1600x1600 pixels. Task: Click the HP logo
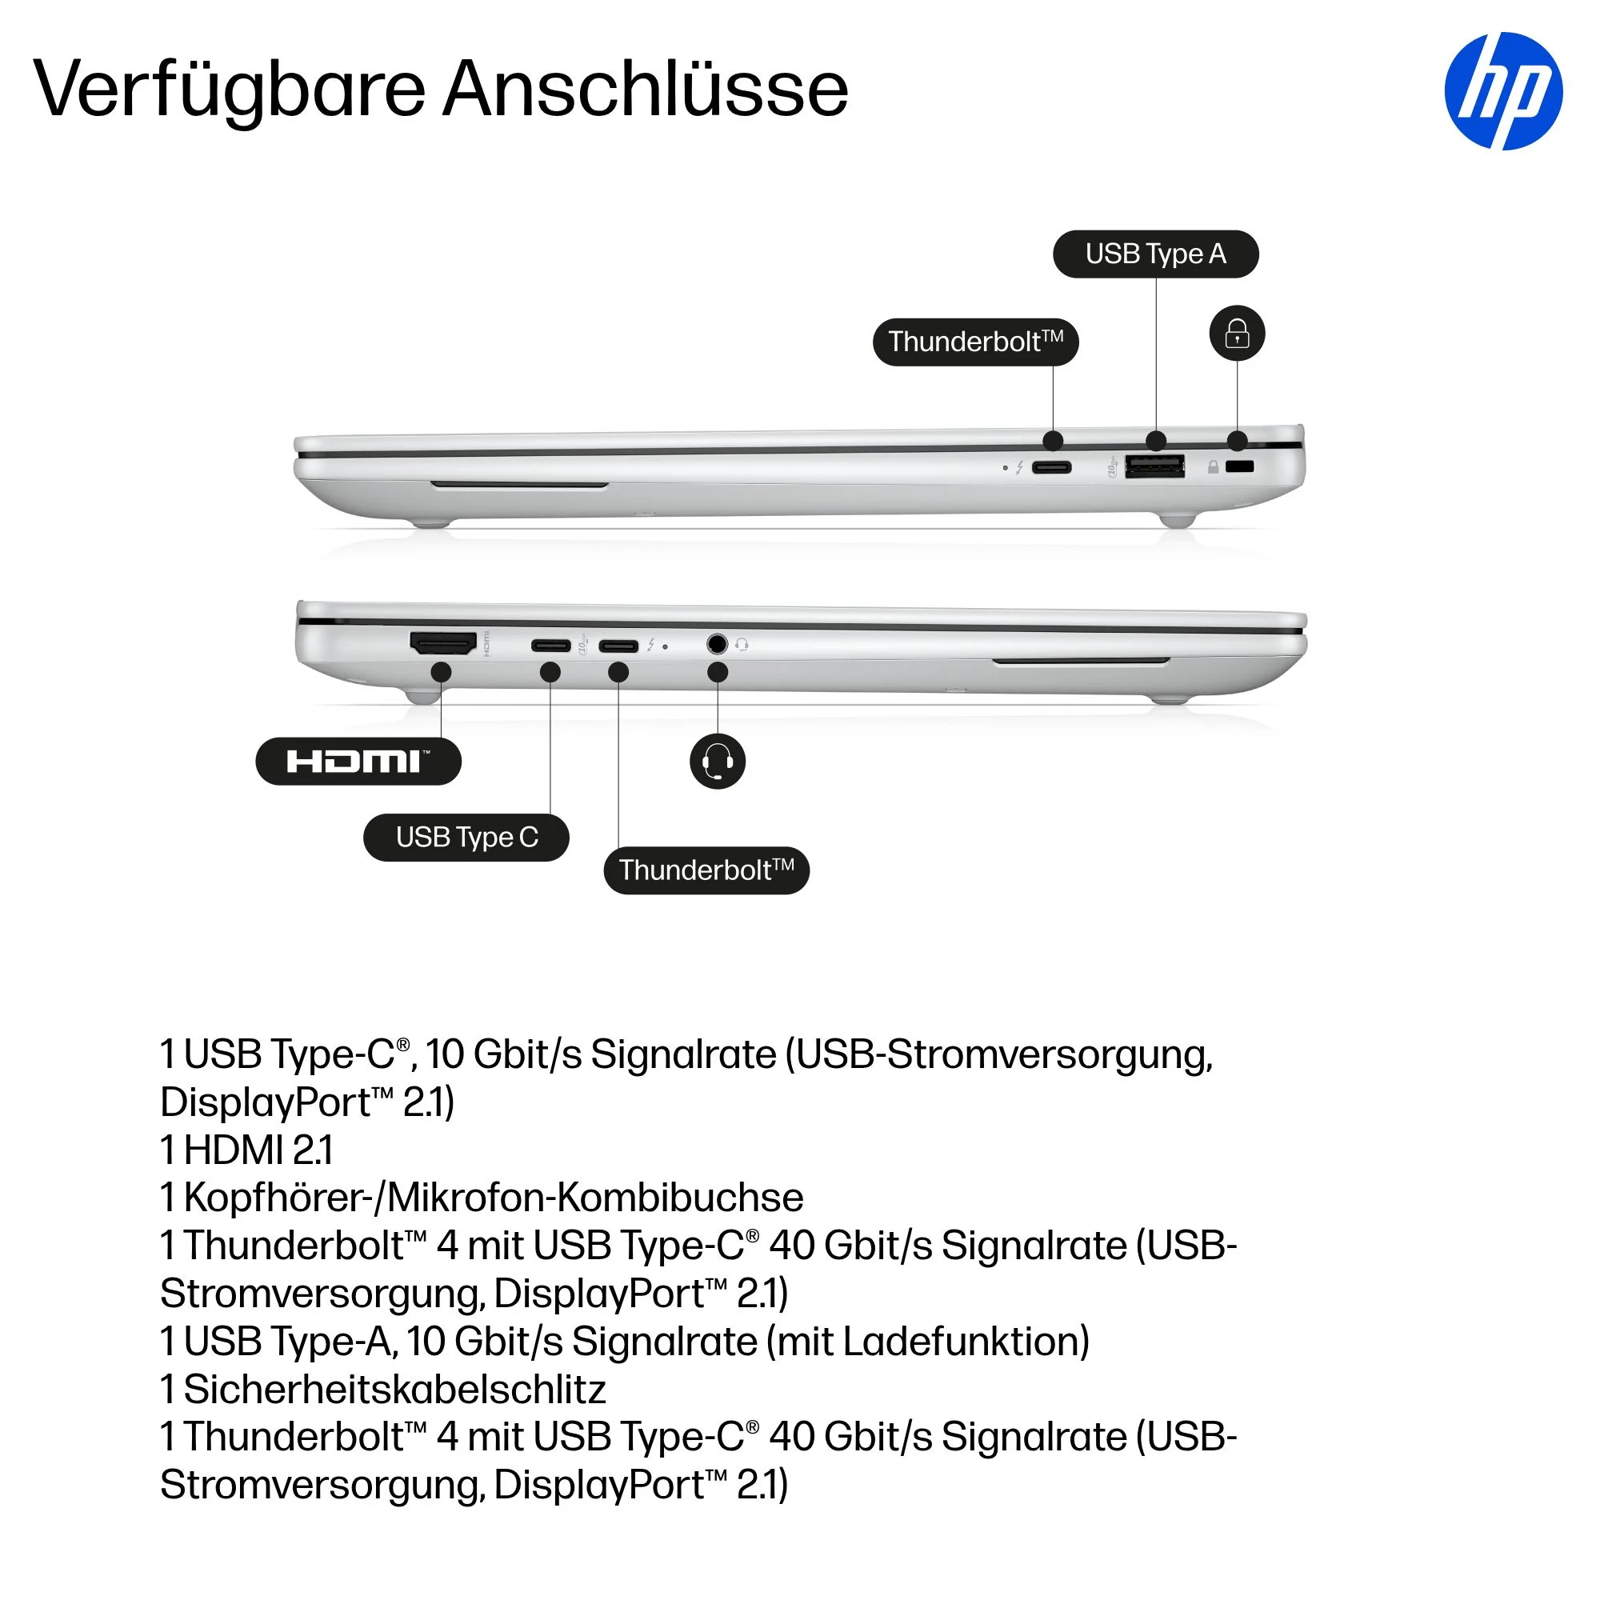[1503, 91]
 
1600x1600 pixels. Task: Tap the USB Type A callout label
[1155, 254]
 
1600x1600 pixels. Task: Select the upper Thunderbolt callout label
[975, 342]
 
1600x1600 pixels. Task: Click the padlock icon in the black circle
[1238, 334]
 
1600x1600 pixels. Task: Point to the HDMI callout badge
[358, 761]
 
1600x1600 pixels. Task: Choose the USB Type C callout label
[466, 838]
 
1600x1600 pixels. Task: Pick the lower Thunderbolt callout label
[706, 870]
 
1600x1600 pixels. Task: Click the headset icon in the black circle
[717, 761]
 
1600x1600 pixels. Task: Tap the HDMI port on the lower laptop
[444, 643]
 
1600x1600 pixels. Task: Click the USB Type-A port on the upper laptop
[1154, 467]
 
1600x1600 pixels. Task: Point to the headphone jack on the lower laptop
[717, 643]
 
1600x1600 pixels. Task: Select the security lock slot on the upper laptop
[1239, 467]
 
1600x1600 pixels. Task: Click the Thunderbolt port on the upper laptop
[1052, 468]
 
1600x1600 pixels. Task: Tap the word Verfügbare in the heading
[230, 90]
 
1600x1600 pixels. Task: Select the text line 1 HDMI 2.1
[246, 1150]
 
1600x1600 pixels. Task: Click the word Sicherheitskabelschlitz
[395, 1390]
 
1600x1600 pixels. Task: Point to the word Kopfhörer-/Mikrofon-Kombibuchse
[494, 1198]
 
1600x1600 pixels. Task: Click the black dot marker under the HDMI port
[442, 672]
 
